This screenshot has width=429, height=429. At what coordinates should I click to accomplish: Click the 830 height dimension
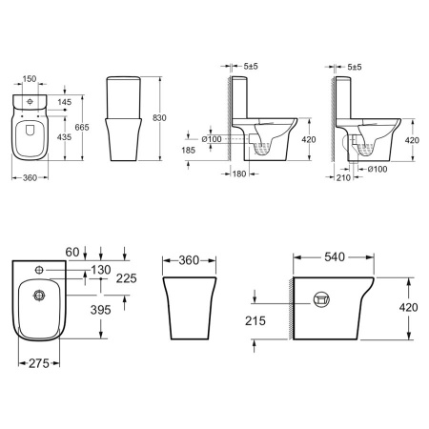(159, 118)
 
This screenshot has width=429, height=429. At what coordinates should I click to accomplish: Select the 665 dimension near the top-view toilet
(82, 127)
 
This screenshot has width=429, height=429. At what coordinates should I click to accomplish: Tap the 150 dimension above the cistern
(30, 78)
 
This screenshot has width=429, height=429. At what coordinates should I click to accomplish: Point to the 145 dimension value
(65, 102)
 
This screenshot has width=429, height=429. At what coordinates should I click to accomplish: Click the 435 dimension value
(64, 137)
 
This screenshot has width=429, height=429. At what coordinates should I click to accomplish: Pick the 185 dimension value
(189, 150)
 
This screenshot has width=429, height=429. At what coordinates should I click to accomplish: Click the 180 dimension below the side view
(239, 174)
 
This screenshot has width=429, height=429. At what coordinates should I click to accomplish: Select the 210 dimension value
(343, 177)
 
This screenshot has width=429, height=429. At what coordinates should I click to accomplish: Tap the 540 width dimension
(335, 256)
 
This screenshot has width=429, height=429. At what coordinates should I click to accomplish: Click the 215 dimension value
(255, 321)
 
